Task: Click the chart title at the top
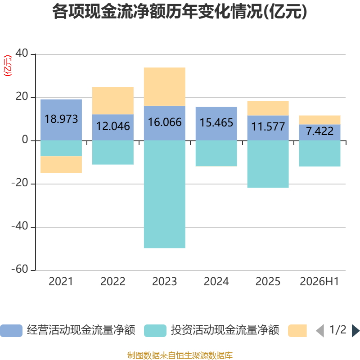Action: tap(180, 12)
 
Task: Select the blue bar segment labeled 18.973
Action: tap(61, 120)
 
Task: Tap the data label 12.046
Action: tap(113, 126)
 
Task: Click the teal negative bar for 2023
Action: tap(165, 194)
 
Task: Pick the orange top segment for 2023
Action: tap(165, 86)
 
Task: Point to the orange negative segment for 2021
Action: tap(61, 164)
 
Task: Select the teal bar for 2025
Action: tap(268, 164)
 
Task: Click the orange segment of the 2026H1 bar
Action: tap(319, 120)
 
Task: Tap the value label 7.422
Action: tap(319, 131)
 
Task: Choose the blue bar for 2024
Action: tap(216, 124)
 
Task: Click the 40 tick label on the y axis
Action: tap(22, 53)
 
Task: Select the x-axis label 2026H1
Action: tap(319, 282)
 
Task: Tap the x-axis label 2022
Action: tap(113, 282)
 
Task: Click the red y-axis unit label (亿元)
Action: tap(8, 65)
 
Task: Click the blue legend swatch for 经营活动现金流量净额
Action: tap(11, 331)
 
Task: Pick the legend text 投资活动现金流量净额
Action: tap(225, 330)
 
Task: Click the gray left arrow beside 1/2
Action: tap(320, 331)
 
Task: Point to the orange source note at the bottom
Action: tap(180, 355)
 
